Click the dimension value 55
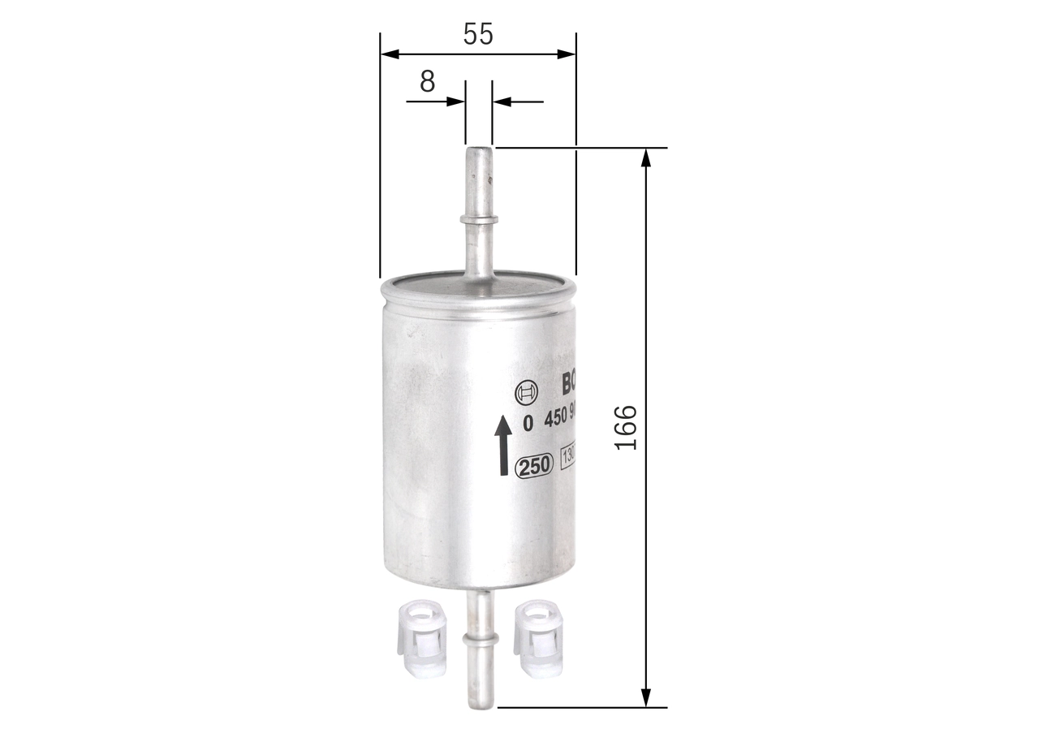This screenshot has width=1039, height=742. tap(478, 33)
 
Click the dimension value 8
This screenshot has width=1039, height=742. tap(427, 81)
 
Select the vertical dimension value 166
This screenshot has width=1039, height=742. tap(625, 427)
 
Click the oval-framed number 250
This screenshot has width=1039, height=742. tap(534, 465)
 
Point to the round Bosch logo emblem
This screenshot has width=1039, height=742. tap(527, 393)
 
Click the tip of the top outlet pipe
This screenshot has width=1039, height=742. tap(478, 151)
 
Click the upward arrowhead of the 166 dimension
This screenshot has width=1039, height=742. tap(646, 157)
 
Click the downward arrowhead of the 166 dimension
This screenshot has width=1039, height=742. tap(646, 697)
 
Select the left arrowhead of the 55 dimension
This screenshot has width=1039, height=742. tap(390, 54)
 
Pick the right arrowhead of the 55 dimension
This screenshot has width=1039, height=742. tap(566, 54)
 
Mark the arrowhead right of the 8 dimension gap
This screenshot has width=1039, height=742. tap(502, 101)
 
